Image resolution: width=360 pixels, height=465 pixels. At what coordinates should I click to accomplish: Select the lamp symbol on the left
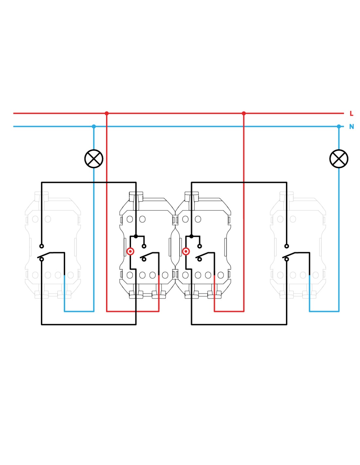coord(94,159)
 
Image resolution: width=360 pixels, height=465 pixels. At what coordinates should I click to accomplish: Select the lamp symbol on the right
coord(339,159)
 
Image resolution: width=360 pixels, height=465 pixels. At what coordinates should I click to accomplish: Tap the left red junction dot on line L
coord(107,113)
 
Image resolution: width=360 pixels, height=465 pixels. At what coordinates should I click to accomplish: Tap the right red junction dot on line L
coord(244,113)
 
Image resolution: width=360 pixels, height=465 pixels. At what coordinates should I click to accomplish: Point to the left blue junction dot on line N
coord(94,127)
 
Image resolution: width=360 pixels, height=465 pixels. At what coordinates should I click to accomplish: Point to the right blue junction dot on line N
coord(339,127)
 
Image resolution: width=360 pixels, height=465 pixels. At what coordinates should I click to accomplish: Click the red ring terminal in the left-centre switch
coord(130,251)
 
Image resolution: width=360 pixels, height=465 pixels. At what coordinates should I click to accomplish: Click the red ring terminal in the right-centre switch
coord(186,251)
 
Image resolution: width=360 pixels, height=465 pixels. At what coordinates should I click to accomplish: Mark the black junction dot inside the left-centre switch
coord(136,236)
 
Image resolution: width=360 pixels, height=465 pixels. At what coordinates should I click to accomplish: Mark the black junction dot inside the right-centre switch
coord(191,236)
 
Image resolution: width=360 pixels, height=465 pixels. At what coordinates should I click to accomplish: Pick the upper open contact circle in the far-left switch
coord(42,246)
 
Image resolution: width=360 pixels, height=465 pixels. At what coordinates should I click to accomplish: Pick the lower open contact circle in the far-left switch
coord(42,259)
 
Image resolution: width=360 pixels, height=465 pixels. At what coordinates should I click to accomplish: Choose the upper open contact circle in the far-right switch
coord(287,246)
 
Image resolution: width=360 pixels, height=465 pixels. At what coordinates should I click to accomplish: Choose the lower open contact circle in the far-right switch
coord(287,259)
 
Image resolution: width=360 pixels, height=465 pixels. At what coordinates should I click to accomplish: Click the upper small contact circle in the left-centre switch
coord(144,246)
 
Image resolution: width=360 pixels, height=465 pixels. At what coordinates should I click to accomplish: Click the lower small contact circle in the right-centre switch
coord(200,259)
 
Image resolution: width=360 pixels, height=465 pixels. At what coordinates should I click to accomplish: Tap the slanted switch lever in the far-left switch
coord(44,255)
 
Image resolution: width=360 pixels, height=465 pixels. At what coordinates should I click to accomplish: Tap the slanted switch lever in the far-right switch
coord(289,255)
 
